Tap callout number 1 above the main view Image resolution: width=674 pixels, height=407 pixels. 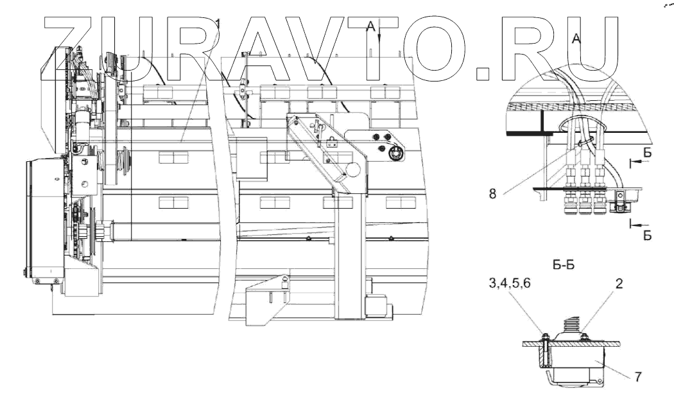click(218, 24)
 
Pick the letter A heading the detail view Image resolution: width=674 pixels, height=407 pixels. click(576, 39)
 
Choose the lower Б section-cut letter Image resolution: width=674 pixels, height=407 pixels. click(648, 236)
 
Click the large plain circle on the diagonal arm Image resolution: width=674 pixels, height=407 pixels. click(352, 169)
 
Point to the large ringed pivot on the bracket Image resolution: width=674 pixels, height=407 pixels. click(396, 152)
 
